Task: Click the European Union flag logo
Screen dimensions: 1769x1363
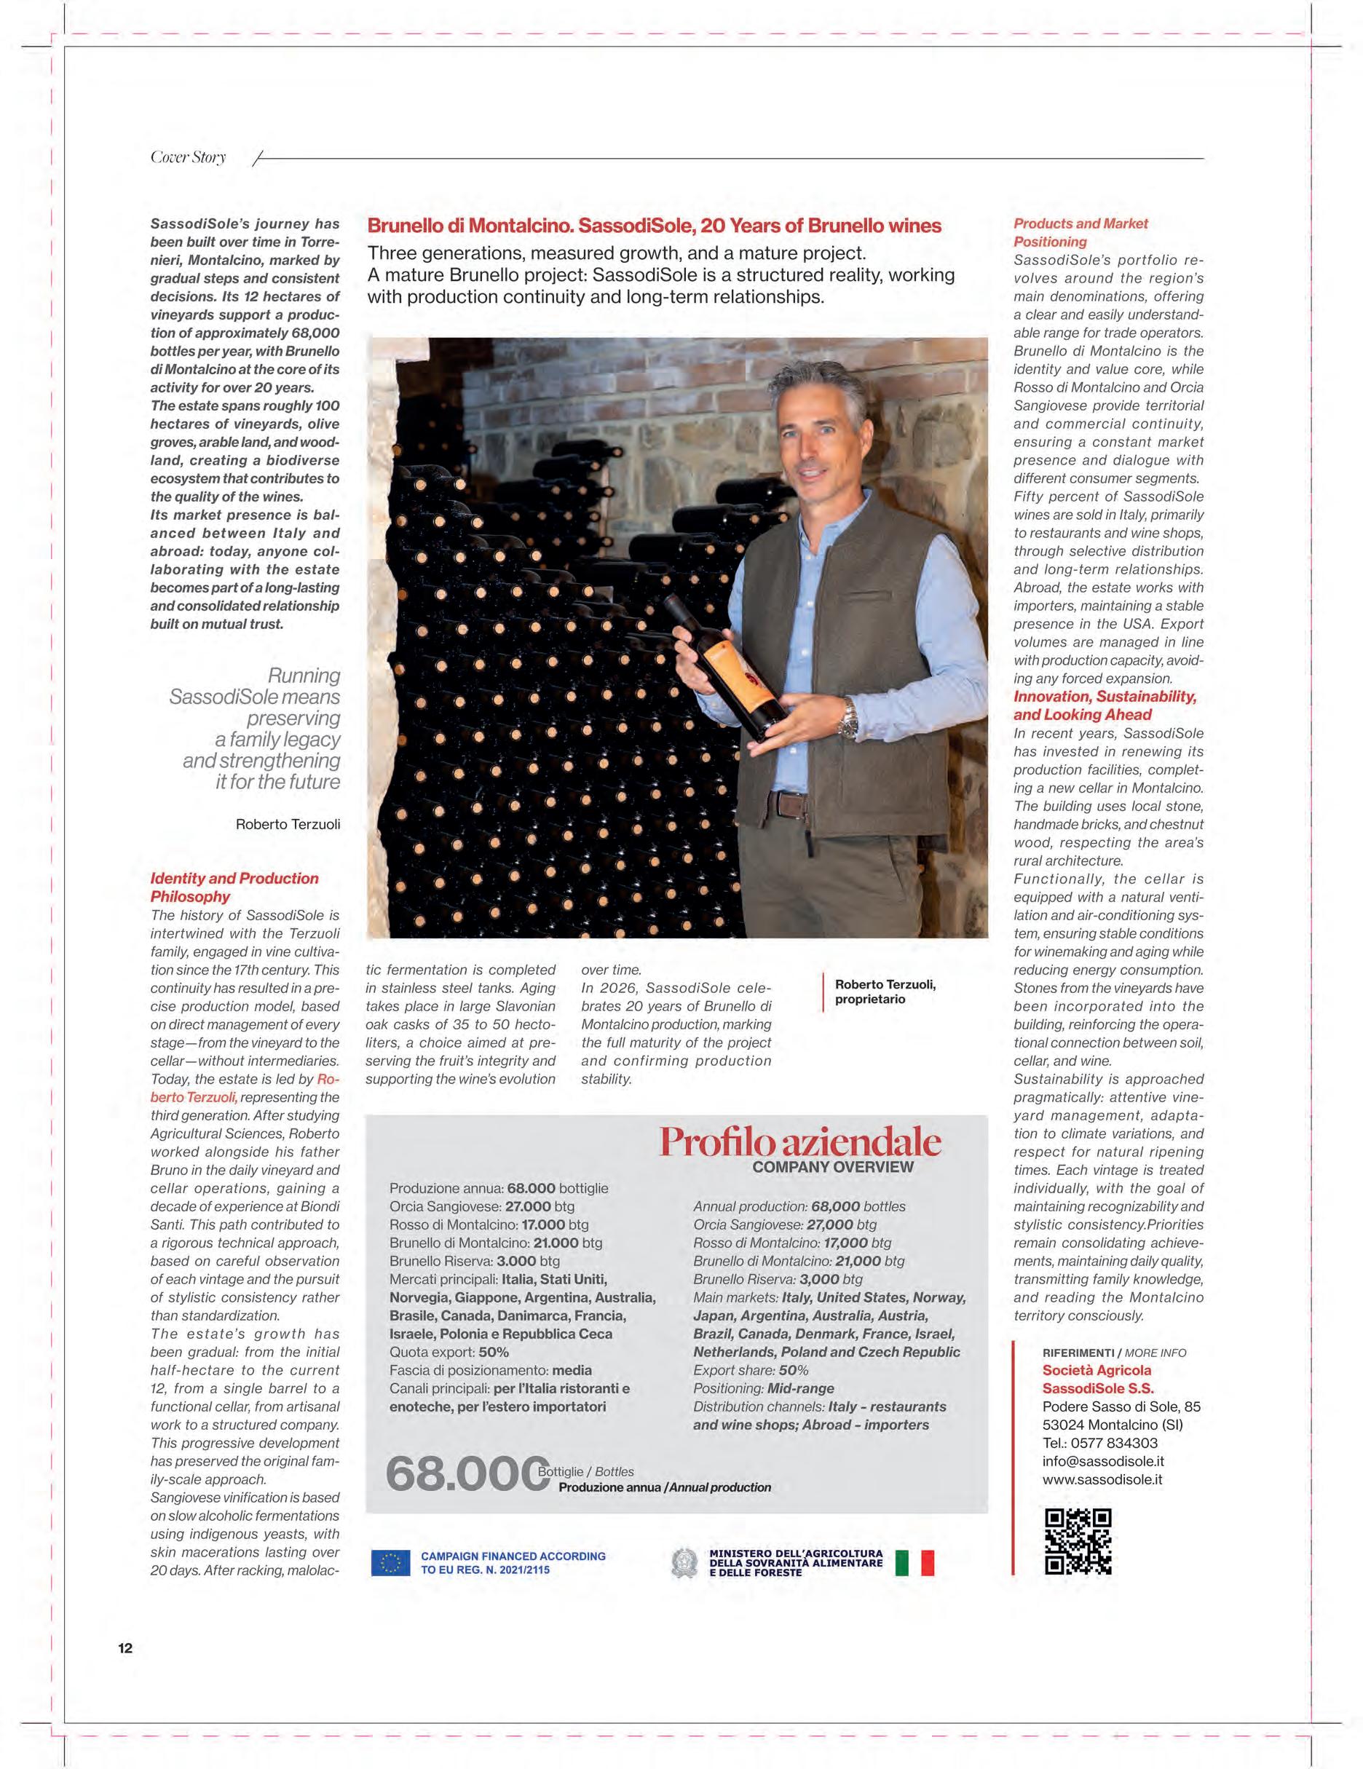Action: [390, 1562]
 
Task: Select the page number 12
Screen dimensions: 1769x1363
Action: [126, 1647]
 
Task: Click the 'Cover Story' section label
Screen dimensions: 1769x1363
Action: [188, 157]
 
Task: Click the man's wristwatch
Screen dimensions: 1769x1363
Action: [849, 719]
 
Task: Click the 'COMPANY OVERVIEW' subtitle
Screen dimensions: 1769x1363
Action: [832, 1167]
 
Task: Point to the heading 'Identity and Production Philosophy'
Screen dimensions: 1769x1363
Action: [234, 887]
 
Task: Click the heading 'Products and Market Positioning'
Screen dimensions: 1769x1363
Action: [1080, 232]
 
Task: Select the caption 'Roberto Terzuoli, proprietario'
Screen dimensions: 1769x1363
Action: [885, 992]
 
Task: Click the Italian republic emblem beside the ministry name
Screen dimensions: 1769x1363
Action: [684, 1562]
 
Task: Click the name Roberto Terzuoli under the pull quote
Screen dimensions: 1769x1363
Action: [288, 825]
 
